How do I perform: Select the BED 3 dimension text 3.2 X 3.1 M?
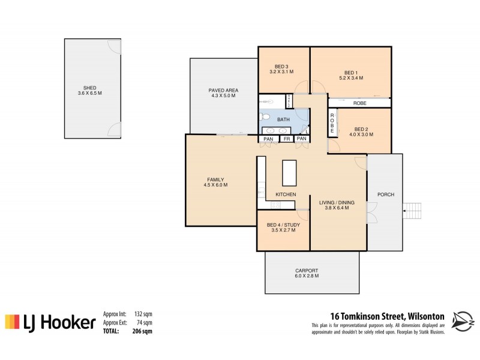coord(282,72)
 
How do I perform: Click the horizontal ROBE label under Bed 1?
coord(360,103)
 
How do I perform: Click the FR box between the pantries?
coord(287,139)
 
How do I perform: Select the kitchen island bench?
coord(290,173)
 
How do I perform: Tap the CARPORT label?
coord(307,270)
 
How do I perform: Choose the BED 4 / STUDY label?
coord(283,225)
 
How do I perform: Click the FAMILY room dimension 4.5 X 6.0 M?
coord(215,185)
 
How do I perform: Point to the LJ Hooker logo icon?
coord(12,323)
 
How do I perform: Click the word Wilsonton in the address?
coord(426,316)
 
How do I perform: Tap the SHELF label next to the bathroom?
coord(289,101)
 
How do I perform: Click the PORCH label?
coord(385,195)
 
